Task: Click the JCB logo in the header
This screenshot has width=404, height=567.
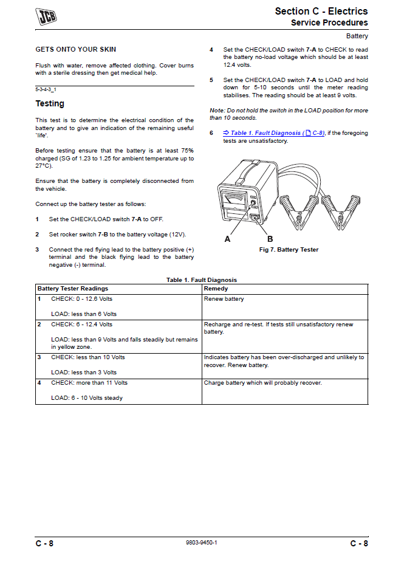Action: click(x=46, y=16)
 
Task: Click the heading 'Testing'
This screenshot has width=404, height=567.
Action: click(x=50, y=104)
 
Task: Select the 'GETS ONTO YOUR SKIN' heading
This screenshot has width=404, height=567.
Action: click(x=76, y=49)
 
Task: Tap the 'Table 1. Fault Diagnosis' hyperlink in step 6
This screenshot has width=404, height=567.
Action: click(x=267, y=133)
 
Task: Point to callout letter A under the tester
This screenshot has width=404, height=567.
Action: click(x=228, y=239)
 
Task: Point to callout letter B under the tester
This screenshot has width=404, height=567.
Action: click(x=270, y=239)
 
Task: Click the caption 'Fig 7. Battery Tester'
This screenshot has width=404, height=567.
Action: click(x=289, y=250)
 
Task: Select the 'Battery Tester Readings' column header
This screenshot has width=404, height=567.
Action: click(x=73, y=289)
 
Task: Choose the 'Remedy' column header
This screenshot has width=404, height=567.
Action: click(x=216, y=289)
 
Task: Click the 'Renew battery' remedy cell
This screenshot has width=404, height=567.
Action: click(x=224, y=299)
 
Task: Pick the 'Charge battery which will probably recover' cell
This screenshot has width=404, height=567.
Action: click(x=263, y=383)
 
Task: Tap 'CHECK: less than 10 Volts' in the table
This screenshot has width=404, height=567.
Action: click(x=88, y=357)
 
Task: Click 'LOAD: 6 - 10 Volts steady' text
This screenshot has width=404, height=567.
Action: click(x=87, y=398)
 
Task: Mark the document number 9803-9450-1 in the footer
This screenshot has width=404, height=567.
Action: click(x=202, y=543)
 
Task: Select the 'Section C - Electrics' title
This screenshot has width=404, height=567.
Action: click(x=321, y=11)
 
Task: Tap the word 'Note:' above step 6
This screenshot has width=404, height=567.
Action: click(x=217, y=111)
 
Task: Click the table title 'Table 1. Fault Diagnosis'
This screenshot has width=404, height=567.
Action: click(x=202, y=280)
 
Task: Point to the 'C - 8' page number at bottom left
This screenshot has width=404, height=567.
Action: click(x=44, y=543)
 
